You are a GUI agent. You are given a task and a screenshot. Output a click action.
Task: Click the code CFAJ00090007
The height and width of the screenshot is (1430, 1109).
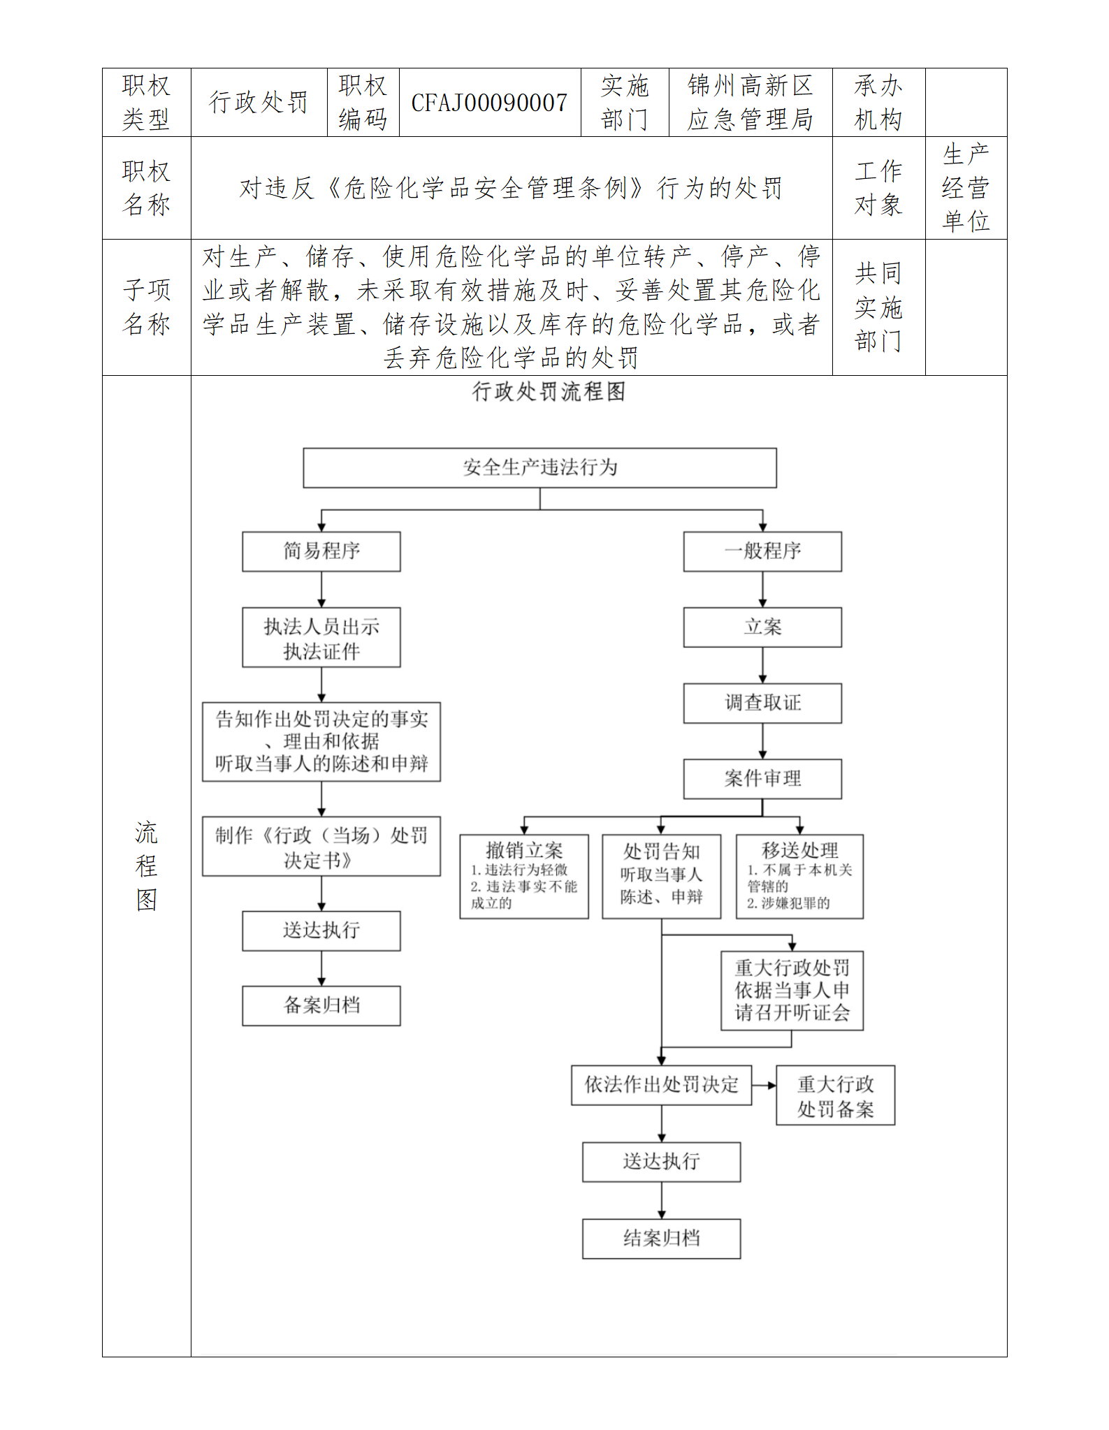489,103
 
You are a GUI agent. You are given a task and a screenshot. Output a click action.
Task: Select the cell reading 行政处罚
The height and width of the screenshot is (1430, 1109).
259,103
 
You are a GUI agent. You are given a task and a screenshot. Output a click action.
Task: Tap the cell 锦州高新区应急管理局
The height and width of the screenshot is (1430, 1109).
750,103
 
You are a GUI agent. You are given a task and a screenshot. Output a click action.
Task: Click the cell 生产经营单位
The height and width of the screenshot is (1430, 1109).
966,187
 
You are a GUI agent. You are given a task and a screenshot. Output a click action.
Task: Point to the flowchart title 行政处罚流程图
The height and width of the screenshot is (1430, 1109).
549,392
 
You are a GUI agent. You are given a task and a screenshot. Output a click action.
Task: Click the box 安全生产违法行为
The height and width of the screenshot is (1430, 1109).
539,467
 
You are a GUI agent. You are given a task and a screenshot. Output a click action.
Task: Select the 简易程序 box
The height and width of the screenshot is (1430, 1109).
321,551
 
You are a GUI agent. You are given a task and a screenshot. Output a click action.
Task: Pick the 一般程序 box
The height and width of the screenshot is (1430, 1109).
762,551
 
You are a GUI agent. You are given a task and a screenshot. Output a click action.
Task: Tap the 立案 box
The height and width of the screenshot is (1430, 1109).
762,627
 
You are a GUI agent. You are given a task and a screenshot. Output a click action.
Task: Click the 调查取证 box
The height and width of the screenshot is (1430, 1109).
762,703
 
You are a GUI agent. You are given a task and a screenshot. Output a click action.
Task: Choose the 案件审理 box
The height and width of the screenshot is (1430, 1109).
762,778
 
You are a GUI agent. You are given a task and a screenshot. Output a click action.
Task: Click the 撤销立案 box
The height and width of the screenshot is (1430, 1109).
524,876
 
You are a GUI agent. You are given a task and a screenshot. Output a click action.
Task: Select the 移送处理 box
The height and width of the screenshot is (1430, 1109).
799,876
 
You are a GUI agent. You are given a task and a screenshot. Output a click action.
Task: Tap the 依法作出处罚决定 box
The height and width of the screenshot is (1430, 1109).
661,1085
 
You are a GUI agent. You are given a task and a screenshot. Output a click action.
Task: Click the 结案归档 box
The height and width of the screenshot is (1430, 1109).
661,1239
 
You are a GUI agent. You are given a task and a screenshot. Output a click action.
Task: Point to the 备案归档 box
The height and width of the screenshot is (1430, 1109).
321,1005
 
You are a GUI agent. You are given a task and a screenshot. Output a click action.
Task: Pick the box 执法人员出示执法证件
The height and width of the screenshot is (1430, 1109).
321,638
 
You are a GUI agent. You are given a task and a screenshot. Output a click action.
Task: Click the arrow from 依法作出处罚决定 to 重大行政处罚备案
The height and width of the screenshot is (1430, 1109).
764,1085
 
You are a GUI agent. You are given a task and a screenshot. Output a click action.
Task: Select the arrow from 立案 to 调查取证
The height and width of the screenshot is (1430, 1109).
762,665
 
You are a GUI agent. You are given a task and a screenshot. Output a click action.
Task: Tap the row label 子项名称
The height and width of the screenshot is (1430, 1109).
147,307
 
